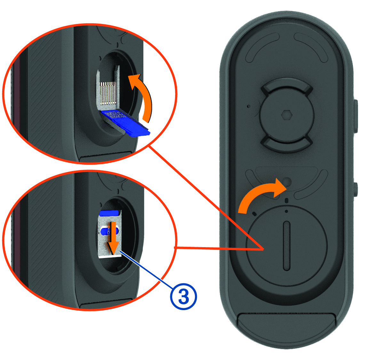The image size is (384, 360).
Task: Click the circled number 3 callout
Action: tap(183, 297)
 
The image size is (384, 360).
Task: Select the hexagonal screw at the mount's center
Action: tap(286, 115)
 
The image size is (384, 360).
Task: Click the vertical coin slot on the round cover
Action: tap(286, 246)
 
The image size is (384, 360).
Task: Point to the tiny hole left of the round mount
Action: tap(249, 106)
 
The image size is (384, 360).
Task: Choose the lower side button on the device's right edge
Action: tap(356, 189)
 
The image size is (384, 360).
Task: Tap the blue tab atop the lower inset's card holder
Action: tap(109, 213)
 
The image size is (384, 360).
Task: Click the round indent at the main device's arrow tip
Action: tap(286, 182)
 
